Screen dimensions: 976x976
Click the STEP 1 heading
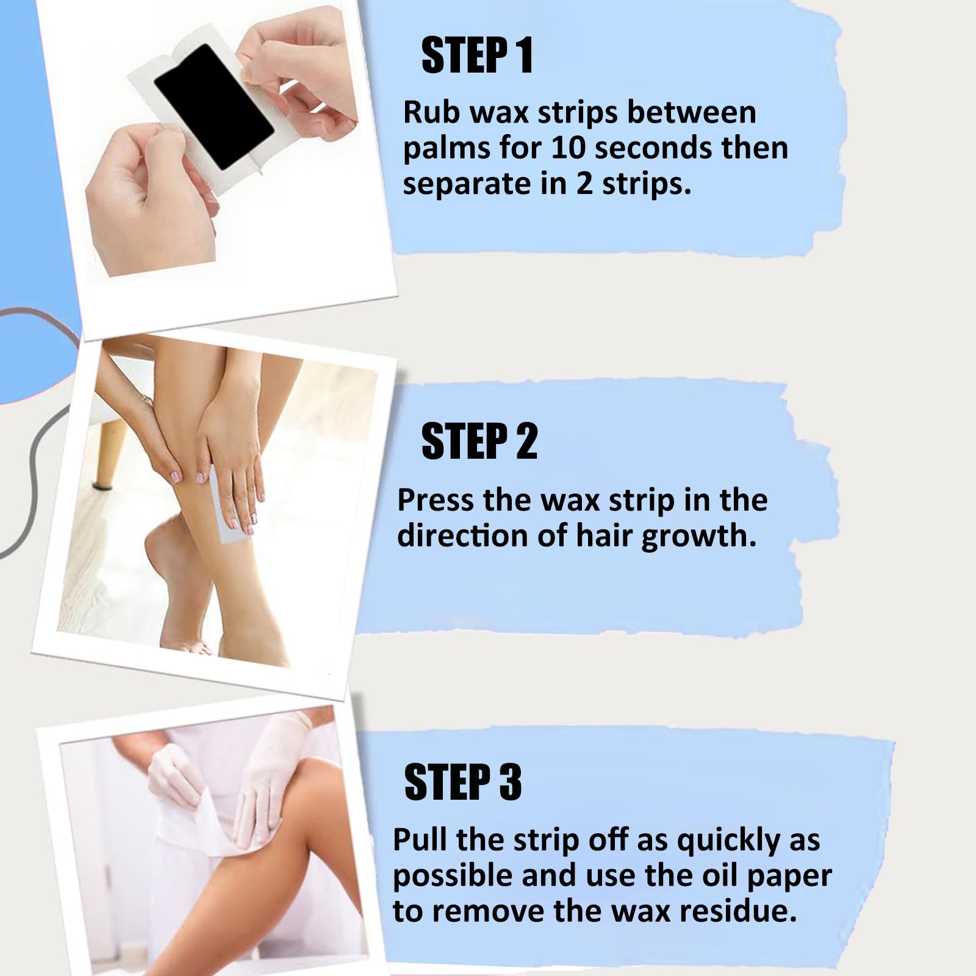pos(478,56)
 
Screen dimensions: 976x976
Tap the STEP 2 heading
pos(479,441)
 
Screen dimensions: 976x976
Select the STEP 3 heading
pos(463,781)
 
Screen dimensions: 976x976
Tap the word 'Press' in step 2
pos(436,500)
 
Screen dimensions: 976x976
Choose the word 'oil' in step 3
pos(721,875)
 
